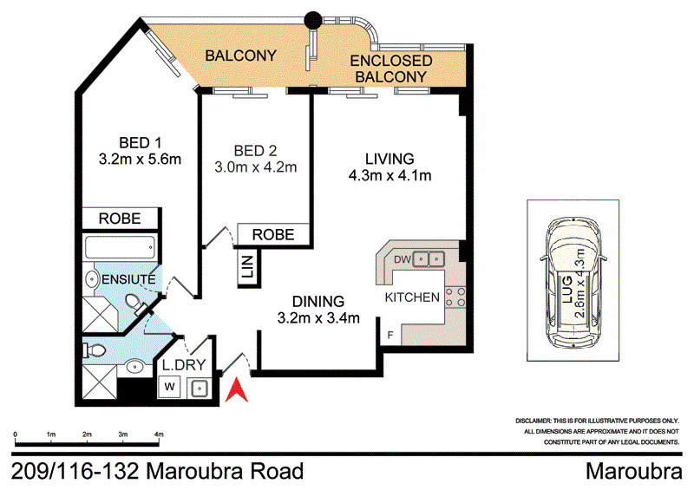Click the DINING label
click(318, 300)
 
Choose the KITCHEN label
click(412, 297)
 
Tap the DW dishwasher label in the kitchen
click(400, 258)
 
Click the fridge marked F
click(391, 334)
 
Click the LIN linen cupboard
click(247, 267)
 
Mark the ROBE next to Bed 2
click(273, 234)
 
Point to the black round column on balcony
click(312, 17)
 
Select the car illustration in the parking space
click(573, 279)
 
